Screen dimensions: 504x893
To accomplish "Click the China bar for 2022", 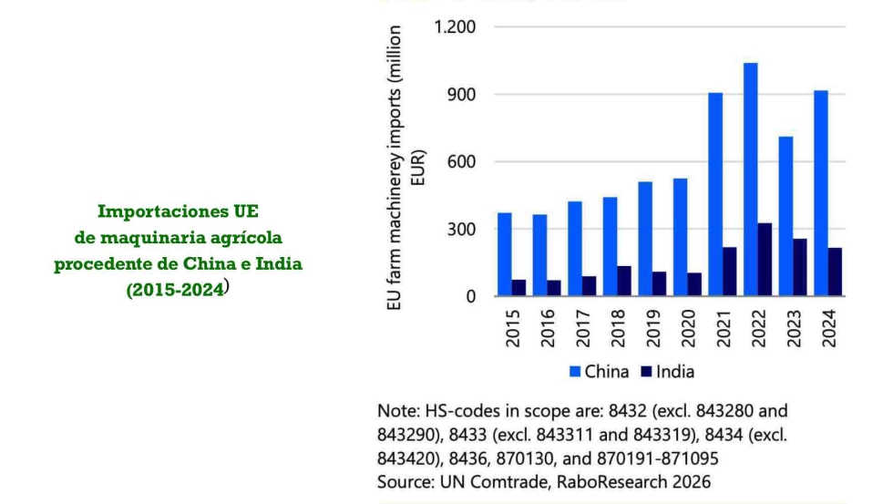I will click(x=750, y=180).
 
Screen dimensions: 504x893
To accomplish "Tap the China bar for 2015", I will click(x=504, y=254).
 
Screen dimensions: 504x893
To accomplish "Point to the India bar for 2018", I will click(x=624, y=281).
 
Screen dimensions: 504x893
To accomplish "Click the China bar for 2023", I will click(x=785, y=216).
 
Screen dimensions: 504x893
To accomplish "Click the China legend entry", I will click(x=598, y=371).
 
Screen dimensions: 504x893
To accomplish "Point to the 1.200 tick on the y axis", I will click(x=453, y=26).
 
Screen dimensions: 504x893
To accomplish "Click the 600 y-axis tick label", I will click(x=461, y=161).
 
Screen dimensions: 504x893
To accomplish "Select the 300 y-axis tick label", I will click(x=461, y=229).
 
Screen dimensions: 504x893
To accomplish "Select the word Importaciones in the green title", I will click(x=152, y=212).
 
